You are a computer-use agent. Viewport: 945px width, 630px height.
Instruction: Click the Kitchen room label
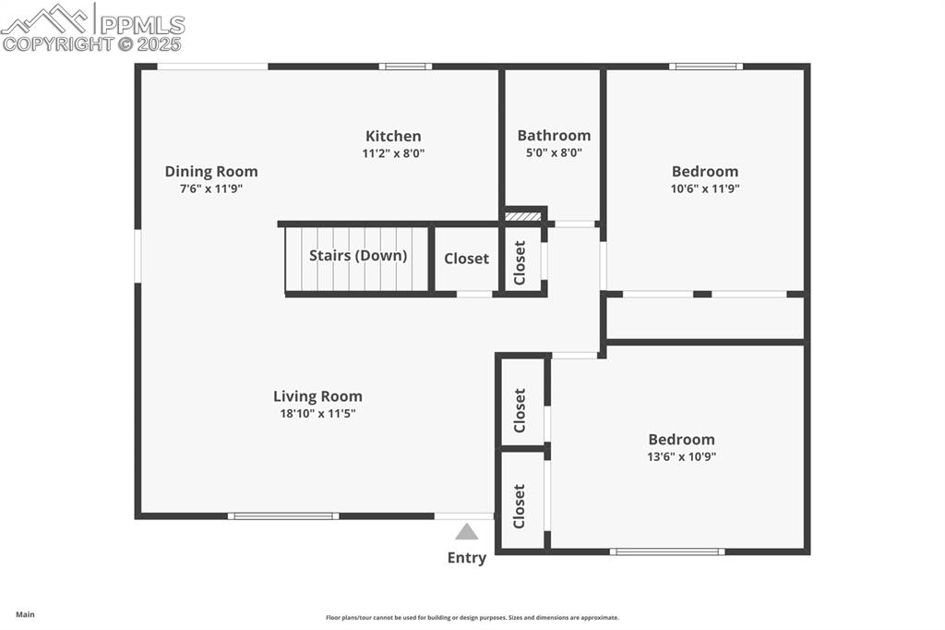tap(393, 136)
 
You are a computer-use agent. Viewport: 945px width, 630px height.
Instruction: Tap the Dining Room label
tap(211, 171)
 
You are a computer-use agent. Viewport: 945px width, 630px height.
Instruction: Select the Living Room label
tap(317, 396)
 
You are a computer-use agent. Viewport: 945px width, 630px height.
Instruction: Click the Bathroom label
tap(554, 135)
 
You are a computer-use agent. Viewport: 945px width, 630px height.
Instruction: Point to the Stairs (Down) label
tap(358, 256)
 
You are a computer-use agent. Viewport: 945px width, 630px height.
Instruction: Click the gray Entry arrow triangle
tap(467, 532)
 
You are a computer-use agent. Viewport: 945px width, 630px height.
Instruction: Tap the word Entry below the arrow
tap(467, 557)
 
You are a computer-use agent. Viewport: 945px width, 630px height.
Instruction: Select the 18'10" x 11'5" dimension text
tap(317, 414)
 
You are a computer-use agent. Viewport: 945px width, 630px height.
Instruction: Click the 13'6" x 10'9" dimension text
tap(681, 456)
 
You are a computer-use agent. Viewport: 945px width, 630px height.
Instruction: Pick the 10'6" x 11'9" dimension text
tap(705, 188)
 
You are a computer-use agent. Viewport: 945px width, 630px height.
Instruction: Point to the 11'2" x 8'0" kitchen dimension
tap(393, 153)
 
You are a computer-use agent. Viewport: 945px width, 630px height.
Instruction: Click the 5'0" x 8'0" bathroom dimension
tap(554, 153)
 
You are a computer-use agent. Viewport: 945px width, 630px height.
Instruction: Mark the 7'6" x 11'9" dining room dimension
tap(211, 188)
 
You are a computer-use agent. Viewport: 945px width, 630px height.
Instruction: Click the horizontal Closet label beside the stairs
tap(466, 259)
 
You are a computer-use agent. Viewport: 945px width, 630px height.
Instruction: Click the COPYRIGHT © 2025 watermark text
tap(92, 43)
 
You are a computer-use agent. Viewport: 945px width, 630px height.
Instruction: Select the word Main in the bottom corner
tap(25, 614)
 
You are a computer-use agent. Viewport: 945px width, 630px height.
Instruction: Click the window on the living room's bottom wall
tap(283, 515)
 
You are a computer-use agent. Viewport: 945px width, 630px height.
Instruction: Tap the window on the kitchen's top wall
tap(405, 67)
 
